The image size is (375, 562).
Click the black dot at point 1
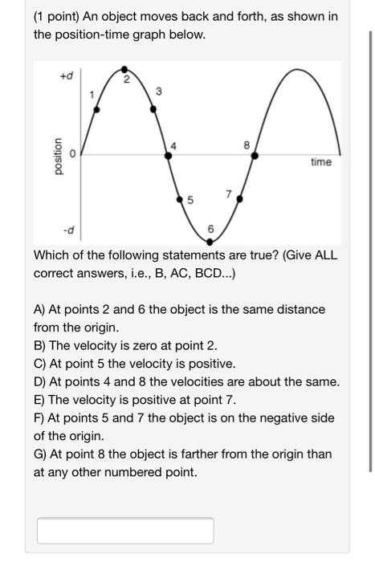click(x=98, y=112)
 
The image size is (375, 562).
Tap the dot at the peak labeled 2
click(x=125, y=85)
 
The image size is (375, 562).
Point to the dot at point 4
click(x=168, y=155)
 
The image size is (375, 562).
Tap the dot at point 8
click(x=255, y=155)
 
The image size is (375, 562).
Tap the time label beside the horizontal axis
click(x=320, y=162)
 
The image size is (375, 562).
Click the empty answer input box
click(x=125, y=530)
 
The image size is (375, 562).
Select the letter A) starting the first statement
click(x=40, y=309)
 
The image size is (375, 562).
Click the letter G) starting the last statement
click(x=41, y=454)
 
